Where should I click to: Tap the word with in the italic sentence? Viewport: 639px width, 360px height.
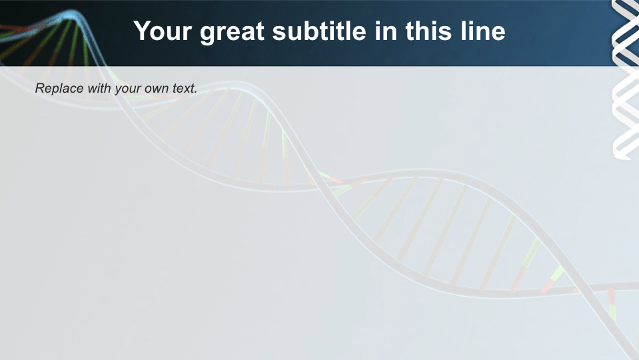pyautogui.click(x=98, y=88)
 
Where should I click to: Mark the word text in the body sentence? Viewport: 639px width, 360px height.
pyautogui.click(x=185, y=88)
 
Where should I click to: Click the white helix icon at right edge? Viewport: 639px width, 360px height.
pyautogui.click(x=625, y=80)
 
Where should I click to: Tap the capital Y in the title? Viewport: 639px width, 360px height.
pyautogui.click(x=141, y=31)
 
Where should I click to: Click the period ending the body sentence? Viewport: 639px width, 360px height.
pyautogui.click(x=196, y=91)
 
